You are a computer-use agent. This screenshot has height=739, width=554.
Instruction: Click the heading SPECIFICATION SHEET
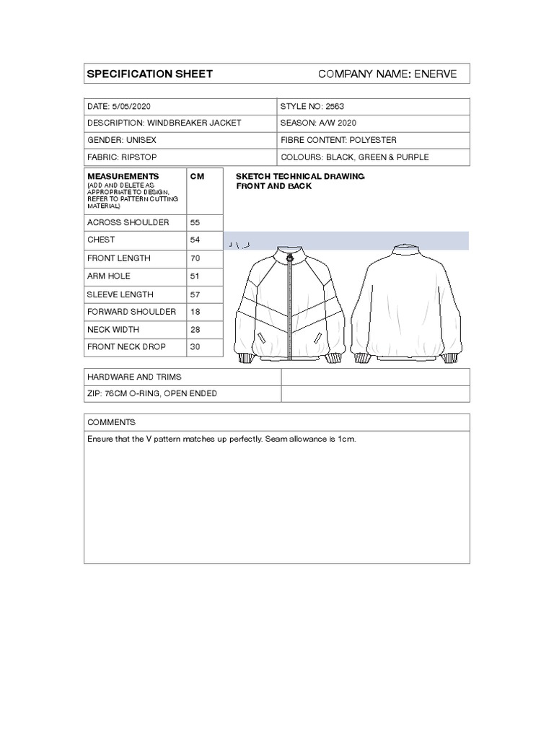coord(149,74)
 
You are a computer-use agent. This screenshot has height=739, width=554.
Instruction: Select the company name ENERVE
coord(435,74)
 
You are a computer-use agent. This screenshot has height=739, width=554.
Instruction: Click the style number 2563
coord(335,106)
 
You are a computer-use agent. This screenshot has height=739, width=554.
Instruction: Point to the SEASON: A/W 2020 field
coord(318,123)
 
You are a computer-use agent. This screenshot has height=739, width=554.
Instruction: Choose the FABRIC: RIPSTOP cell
coord(121,157)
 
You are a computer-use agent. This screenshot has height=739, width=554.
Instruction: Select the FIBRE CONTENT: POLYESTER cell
coord(338,140)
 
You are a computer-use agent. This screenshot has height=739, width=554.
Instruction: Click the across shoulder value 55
coord(195,222)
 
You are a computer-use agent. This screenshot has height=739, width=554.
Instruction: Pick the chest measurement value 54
coord(195,240)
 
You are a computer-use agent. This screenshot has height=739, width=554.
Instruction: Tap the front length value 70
coord(195,258)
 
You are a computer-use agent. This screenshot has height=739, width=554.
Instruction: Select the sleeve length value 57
coord(195,294)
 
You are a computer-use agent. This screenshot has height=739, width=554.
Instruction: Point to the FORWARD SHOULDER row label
coord(131,312)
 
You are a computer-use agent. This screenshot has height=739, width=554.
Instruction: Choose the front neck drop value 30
coord(195,347)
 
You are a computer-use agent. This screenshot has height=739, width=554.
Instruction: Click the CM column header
coord(196,176)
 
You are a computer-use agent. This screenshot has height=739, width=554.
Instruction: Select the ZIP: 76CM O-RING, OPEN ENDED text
coord(151,393)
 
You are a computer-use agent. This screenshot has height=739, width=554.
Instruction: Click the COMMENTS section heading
coord(111,422)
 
